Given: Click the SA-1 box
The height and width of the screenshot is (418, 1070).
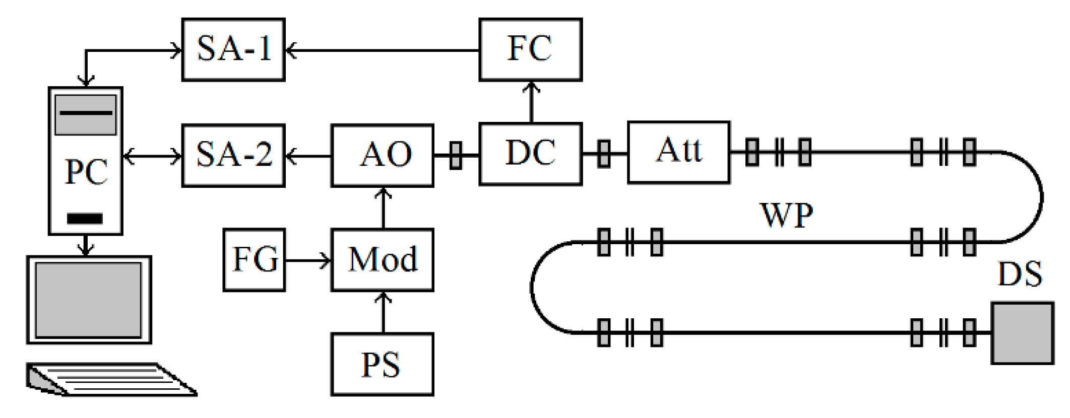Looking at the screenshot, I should pos(233,50).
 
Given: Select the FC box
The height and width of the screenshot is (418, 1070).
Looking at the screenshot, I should pos(530,50).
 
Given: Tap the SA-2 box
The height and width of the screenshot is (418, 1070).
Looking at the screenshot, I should pos(233,156).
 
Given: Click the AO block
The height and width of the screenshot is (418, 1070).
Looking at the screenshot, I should pos(383,156).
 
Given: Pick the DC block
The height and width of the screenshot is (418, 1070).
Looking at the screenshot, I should pos(530,154).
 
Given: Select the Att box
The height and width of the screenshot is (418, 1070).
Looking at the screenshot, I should pos(678,152).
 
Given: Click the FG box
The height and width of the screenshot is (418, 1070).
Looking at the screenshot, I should pos(255,260).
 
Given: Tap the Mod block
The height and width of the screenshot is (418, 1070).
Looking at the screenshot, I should pos(383,260).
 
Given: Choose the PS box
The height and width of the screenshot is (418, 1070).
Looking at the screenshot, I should pos(383,365).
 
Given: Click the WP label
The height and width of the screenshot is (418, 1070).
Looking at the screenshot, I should pos(786,216).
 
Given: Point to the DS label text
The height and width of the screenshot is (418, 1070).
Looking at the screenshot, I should pos(1020,275).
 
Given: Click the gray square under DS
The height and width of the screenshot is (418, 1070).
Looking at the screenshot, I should pos(1022,333).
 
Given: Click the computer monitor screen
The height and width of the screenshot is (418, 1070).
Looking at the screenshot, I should pos(89,300).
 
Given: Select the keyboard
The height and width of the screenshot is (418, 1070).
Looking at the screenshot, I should pos(111,379).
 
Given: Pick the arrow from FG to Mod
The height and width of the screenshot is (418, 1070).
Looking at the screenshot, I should pos(308,260).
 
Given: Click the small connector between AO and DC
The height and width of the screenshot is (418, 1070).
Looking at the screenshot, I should pos(456,156).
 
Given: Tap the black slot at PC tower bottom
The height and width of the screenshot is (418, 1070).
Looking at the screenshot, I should pos(85,219).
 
